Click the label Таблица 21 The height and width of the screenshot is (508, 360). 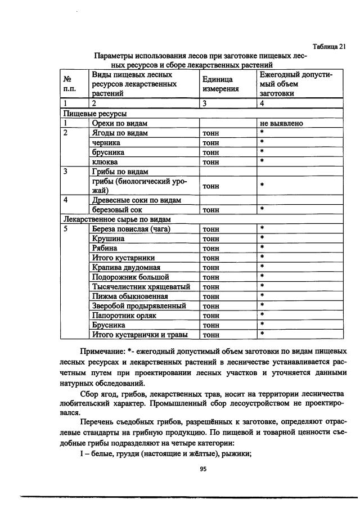329,47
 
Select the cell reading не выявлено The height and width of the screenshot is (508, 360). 281,123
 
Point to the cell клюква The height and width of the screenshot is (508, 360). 104,162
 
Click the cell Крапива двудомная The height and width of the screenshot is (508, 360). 127,267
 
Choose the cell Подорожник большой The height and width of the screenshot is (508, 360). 130,277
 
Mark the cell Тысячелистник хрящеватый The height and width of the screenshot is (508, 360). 141,286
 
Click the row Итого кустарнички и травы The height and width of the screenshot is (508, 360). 139,335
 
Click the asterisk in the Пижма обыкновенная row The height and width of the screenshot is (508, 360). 262,296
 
